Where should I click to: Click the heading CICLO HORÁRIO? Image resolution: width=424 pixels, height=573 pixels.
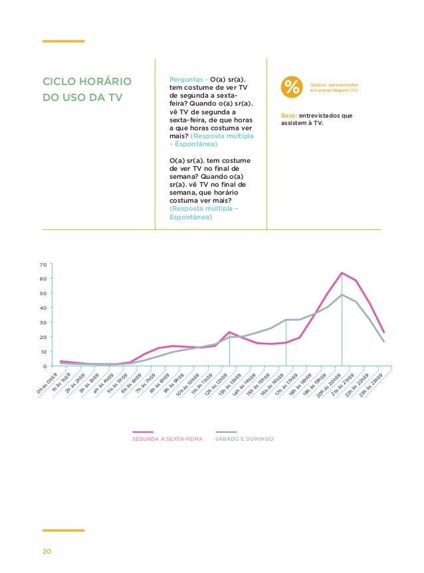pyautogui.click(x=86, y=82)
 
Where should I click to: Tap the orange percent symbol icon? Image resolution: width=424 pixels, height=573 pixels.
pyautogui.click(x=290, y=87)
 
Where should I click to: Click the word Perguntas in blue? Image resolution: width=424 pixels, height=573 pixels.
pyautogui.click(x=187, y=79)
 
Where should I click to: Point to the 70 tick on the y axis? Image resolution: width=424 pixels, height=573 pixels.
pyautogui.click(x=43, y=265)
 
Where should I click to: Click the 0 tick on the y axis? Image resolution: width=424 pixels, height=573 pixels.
pyautogui.click(x=45, y=366)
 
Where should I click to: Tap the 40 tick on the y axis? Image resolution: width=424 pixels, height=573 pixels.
pyautogui.click(x=43, y=308)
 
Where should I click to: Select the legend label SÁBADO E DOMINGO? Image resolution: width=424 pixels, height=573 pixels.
pyautogui.click(x=245, y=439)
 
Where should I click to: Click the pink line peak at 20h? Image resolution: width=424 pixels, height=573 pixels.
pyautogui.click(x=342, y=273)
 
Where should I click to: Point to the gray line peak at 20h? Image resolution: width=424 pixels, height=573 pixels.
pyautogui.click(x=342, y=294)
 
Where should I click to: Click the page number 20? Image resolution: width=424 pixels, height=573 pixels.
pyautogui.click(x=47, y=552)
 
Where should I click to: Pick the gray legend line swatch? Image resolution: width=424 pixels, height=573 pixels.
pyautogui.click(x=226, y=432)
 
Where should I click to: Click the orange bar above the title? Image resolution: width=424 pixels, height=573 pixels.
pyautogui.click(x=63, y=41)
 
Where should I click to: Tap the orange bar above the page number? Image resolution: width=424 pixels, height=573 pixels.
pyautogui.click(x=63, y=530)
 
